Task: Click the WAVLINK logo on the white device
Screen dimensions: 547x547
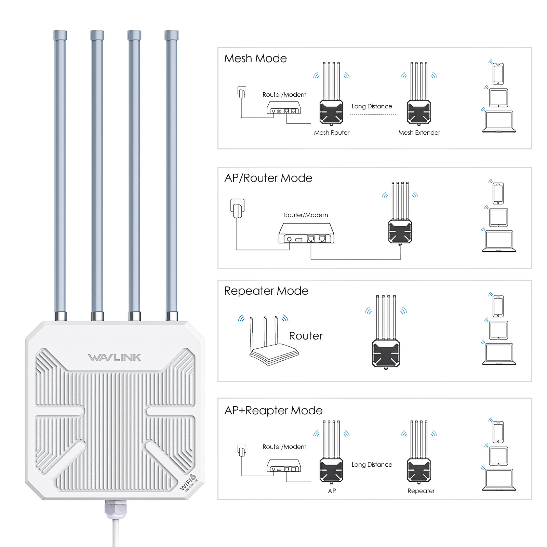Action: pos(115,357)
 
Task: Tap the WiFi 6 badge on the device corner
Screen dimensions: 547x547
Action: pos(188,482)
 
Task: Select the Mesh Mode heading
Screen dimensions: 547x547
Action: pos(255,58)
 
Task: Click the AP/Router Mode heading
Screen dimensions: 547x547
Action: pos(268,178)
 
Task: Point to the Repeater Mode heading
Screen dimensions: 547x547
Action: pos(266,291)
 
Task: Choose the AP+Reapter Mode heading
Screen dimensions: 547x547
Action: pos(273,410)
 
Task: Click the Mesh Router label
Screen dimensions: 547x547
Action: pos(332,133)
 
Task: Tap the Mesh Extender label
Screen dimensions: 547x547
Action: pos(419,133)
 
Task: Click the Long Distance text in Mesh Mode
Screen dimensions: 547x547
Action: pos(372,106)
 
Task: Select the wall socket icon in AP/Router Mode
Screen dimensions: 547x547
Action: pos(237,208)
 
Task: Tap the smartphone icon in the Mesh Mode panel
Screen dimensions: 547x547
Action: pos(498,74)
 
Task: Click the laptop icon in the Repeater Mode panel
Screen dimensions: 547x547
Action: pos(499,354)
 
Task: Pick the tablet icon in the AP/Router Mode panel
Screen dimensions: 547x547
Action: pos(498,217)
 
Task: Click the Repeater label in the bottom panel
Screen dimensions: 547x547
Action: pos(421,491)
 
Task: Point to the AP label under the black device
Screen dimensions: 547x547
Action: pos(332,491)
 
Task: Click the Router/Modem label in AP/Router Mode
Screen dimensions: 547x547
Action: pos(306,215)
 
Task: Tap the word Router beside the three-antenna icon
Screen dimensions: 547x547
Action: pos(306,336)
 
